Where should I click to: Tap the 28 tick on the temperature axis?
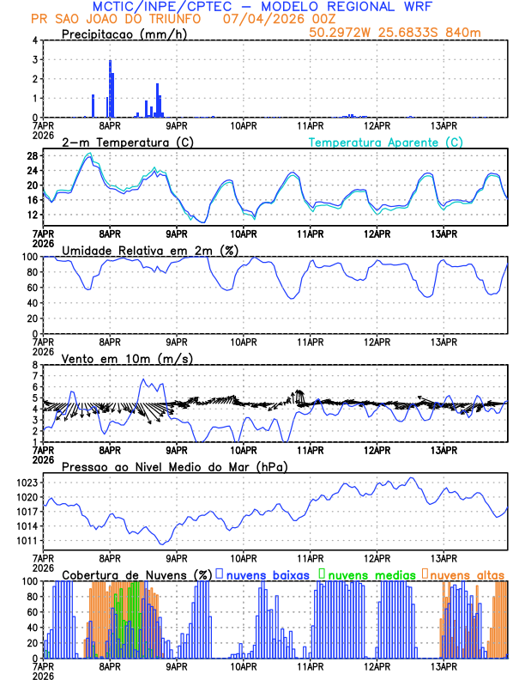click(32, 156)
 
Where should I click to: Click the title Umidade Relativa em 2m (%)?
click(150, 250)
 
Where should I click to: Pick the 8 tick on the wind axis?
click(34, 365)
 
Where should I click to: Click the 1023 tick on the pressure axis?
click(27, 483)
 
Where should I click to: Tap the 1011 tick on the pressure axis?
click(27, 541)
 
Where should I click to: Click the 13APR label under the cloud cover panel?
click(443, 666)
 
